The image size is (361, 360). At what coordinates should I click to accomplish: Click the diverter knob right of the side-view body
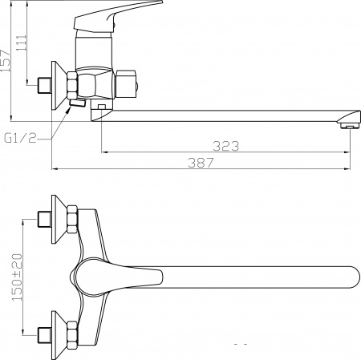(x=128, y=82)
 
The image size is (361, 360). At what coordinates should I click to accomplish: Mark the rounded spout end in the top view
(x=350, y=277)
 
